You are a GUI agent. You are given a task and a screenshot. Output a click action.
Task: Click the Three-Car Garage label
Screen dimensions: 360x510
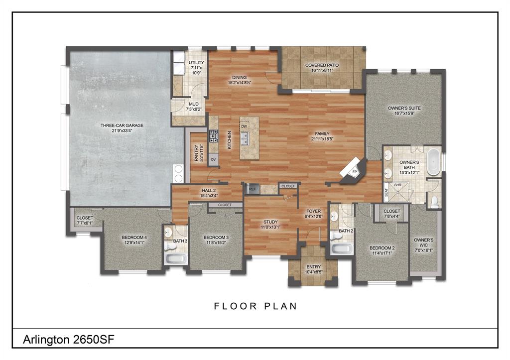[122, 125]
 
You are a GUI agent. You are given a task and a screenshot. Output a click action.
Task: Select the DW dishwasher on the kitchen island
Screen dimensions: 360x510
[244, 126]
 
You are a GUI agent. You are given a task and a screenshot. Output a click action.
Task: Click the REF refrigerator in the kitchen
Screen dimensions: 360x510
[252, 189]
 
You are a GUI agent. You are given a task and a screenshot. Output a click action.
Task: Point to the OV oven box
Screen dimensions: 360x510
[213, 159]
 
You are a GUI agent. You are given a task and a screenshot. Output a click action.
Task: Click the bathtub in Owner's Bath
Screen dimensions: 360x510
[433, 161]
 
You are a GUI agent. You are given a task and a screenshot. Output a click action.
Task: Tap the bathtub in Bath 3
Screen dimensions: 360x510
[176, 258]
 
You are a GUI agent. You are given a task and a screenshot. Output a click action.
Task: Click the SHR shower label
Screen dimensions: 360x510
[398, 184]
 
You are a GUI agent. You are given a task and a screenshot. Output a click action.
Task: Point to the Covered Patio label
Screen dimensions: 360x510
[322, 65]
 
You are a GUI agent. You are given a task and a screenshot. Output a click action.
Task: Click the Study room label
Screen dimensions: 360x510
[270, 222]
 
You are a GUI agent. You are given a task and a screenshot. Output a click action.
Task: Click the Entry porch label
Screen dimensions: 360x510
[313, 267]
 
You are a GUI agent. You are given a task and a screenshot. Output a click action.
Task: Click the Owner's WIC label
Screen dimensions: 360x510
[424, 242]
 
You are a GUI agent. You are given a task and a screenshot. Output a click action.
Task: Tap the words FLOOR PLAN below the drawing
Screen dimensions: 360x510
[255, 306]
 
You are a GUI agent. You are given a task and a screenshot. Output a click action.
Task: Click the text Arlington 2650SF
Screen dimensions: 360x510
[70, 340]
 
